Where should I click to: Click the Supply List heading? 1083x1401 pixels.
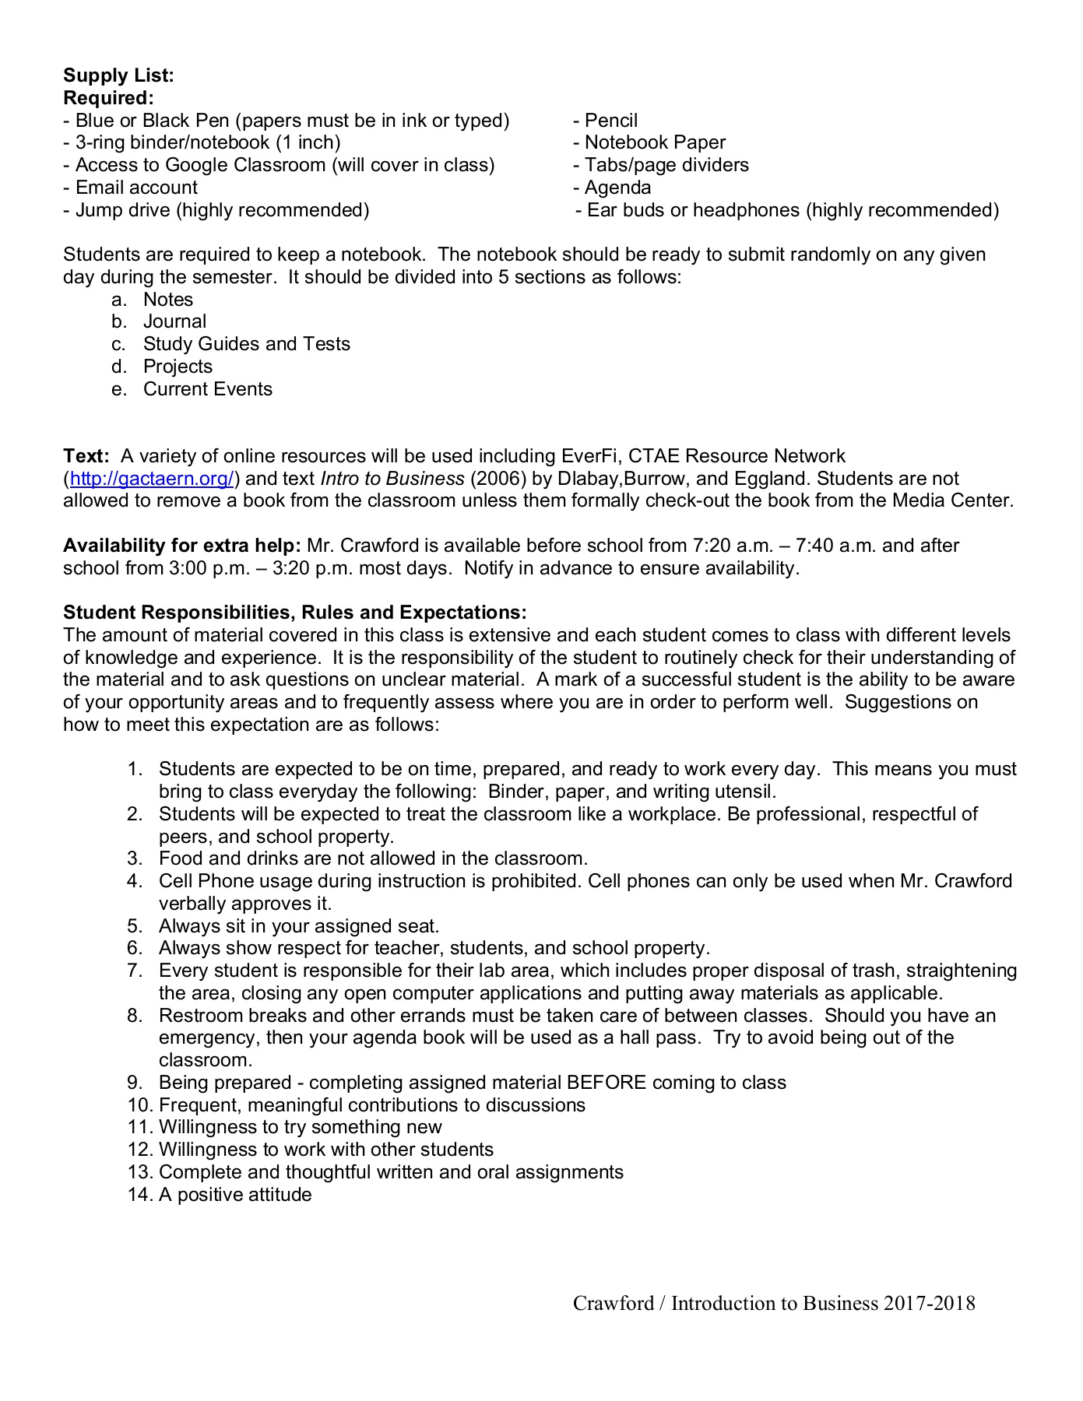(x=118, y=75)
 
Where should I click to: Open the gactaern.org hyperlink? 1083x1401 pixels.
(x=151, y=479)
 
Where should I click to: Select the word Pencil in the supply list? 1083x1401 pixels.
(x=610, y=121)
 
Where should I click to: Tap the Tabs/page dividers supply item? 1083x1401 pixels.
(x=666, y=165)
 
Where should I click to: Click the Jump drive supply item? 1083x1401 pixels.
(x=222, y=210)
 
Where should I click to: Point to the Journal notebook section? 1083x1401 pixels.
(x=174, y=321)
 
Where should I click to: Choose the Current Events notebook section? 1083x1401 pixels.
(x=208, y=389)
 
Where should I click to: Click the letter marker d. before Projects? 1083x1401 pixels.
(x=118, y=367)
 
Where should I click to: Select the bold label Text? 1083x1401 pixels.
(x=86, y=456)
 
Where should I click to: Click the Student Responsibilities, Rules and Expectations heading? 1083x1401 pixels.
(x=294, y=613)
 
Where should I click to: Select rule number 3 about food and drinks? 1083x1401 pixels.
(x=373, y=859)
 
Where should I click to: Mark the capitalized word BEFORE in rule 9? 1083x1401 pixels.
(x=607, y=1083)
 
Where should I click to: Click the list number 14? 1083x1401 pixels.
(x=139, y=1195)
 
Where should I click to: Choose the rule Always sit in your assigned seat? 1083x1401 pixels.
(x=299, y=926)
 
